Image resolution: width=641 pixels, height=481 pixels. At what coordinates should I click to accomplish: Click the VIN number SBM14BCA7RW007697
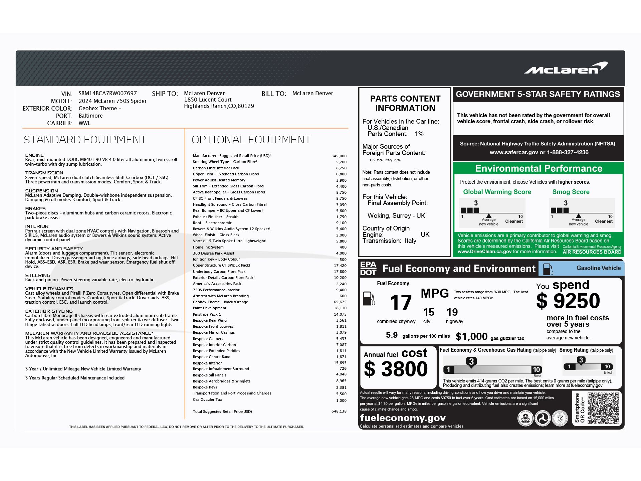click(108, 94)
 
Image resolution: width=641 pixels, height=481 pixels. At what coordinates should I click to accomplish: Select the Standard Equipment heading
click(85, 140)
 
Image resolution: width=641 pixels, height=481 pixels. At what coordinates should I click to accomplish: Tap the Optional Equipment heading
click(251, 140)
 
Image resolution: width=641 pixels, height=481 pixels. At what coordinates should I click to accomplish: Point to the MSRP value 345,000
click(339, 156)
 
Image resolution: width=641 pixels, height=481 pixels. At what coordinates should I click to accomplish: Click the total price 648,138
click(339, 411)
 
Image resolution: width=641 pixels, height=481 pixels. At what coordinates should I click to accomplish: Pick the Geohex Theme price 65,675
click(340, 302)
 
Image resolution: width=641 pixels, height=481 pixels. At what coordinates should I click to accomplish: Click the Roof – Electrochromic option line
click(212, 223)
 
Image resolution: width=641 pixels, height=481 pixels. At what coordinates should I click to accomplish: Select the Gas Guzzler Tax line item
click(207, 399)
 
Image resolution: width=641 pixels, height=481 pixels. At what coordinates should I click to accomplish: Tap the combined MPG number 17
click(401, 302)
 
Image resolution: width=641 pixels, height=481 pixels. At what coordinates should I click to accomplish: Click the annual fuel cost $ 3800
click(396, 369)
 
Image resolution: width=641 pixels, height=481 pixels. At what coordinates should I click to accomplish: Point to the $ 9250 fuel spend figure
click(568, 301)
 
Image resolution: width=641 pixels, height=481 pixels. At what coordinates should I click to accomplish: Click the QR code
click(603, 408)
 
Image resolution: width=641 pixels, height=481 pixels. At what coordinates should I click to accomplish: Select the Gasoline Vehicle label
click(598, 268)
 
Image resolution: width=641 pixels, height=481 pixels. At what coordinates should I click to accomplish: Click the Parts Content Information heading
click(405, 103)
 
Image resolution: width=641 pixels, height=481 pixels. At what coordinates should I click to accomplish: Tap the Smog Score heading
click(571, 192)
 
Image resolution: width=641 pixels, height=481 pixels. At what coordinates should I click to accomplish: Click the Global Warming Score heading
click(497, 192)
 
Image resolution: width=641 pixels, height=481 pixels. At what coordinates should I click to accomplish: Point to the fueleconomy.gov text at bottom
click(403, 418)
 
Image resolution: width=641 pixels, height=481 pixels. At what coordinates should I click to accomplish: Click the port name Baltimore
click(90, 116)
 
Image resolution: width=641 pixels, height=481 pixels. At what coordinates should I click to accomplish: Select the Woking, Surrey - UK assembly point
click(396, 215)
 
